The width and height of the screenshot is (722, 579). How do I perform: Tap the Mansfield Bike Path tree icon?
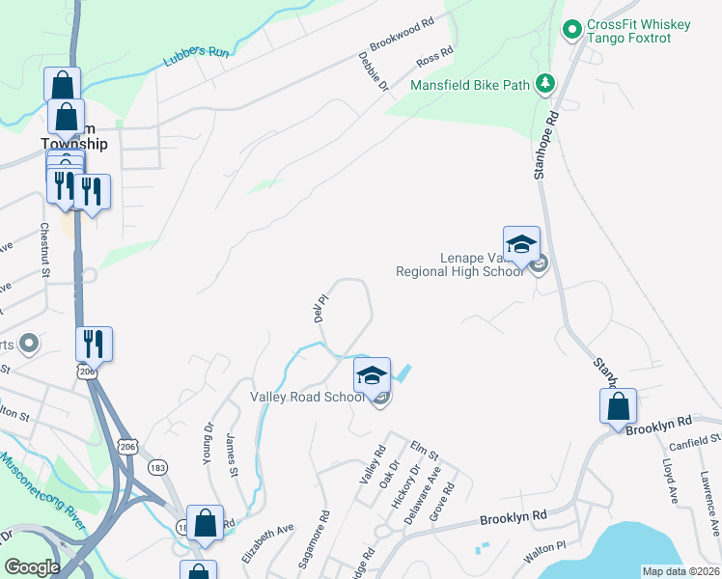click(x=546, y=84)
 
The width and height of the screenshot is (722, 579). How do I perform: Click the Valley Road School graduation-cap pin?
click(x=372, y=376)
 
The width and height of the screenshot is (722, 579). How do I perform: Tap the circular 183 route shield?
click(x=156, y=467)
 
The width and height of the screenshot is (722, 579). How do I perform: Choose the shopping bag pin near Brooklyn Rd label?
click(x=618, y=407)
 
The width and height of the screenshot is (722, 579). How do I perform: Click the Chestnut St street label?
click(x=44, y=250)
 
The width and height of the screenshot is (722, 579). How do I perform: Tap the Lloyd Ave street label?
click(x=669, y=481)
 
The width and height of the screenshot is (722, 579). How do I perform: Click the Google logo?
click(x=32, y=567)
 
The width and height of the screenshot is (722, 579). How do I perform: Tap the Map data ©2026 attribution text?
click(x=680, y=571)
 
